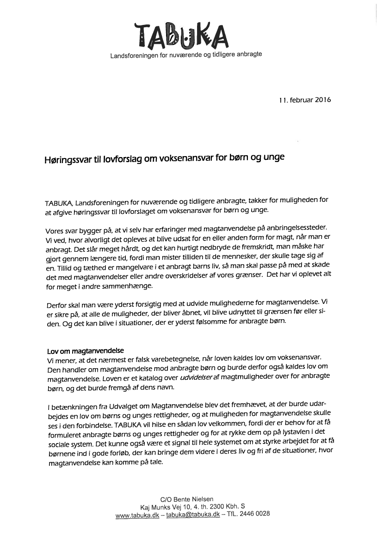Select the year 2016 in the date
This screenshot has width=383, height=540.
[x=322, y=99]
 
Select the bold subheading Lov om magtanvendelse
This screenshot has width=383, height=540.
[x=86, y=350]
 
